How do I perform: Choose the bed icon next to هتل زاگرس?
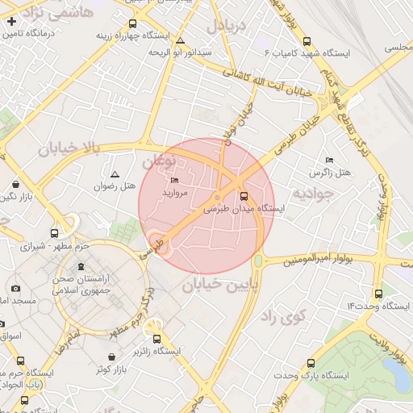[x=329, y=160]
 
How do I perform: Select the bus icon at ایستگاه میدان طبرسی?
[x=244, y=195]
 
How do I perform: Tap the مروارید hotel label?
[x=175, y=194]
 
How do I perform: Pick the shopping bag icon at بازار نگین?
[x=17, y=182]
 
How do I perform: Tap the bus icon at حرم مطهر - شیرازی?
[x=54, y=233]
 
